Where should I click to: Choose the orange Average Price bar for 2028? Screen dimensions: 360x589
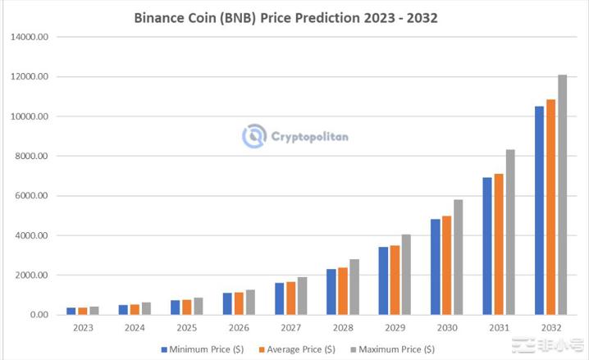pyautogui.click(x=343, y=291)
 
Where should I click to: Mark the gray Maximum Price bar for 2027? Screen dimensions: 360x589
pyautogui.click(x=303, y=296)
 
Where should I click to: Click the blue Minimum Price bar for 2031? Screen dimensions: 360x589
pyautogui.click(x=486, y=246)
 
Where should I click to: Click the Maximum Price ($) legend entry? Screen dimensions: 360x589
pyautogui.click(x=391, y=349)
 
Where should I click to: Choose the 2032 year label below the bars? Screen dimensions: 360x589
pyautogui.click(x=551, y=328)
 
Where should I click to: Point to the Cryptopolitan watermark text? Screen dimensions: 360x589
pyautogui.click(x=310, y=136)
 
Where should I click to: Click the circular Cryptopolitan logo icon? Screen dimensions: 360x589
pyautogui.click(x=254, y=136)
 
